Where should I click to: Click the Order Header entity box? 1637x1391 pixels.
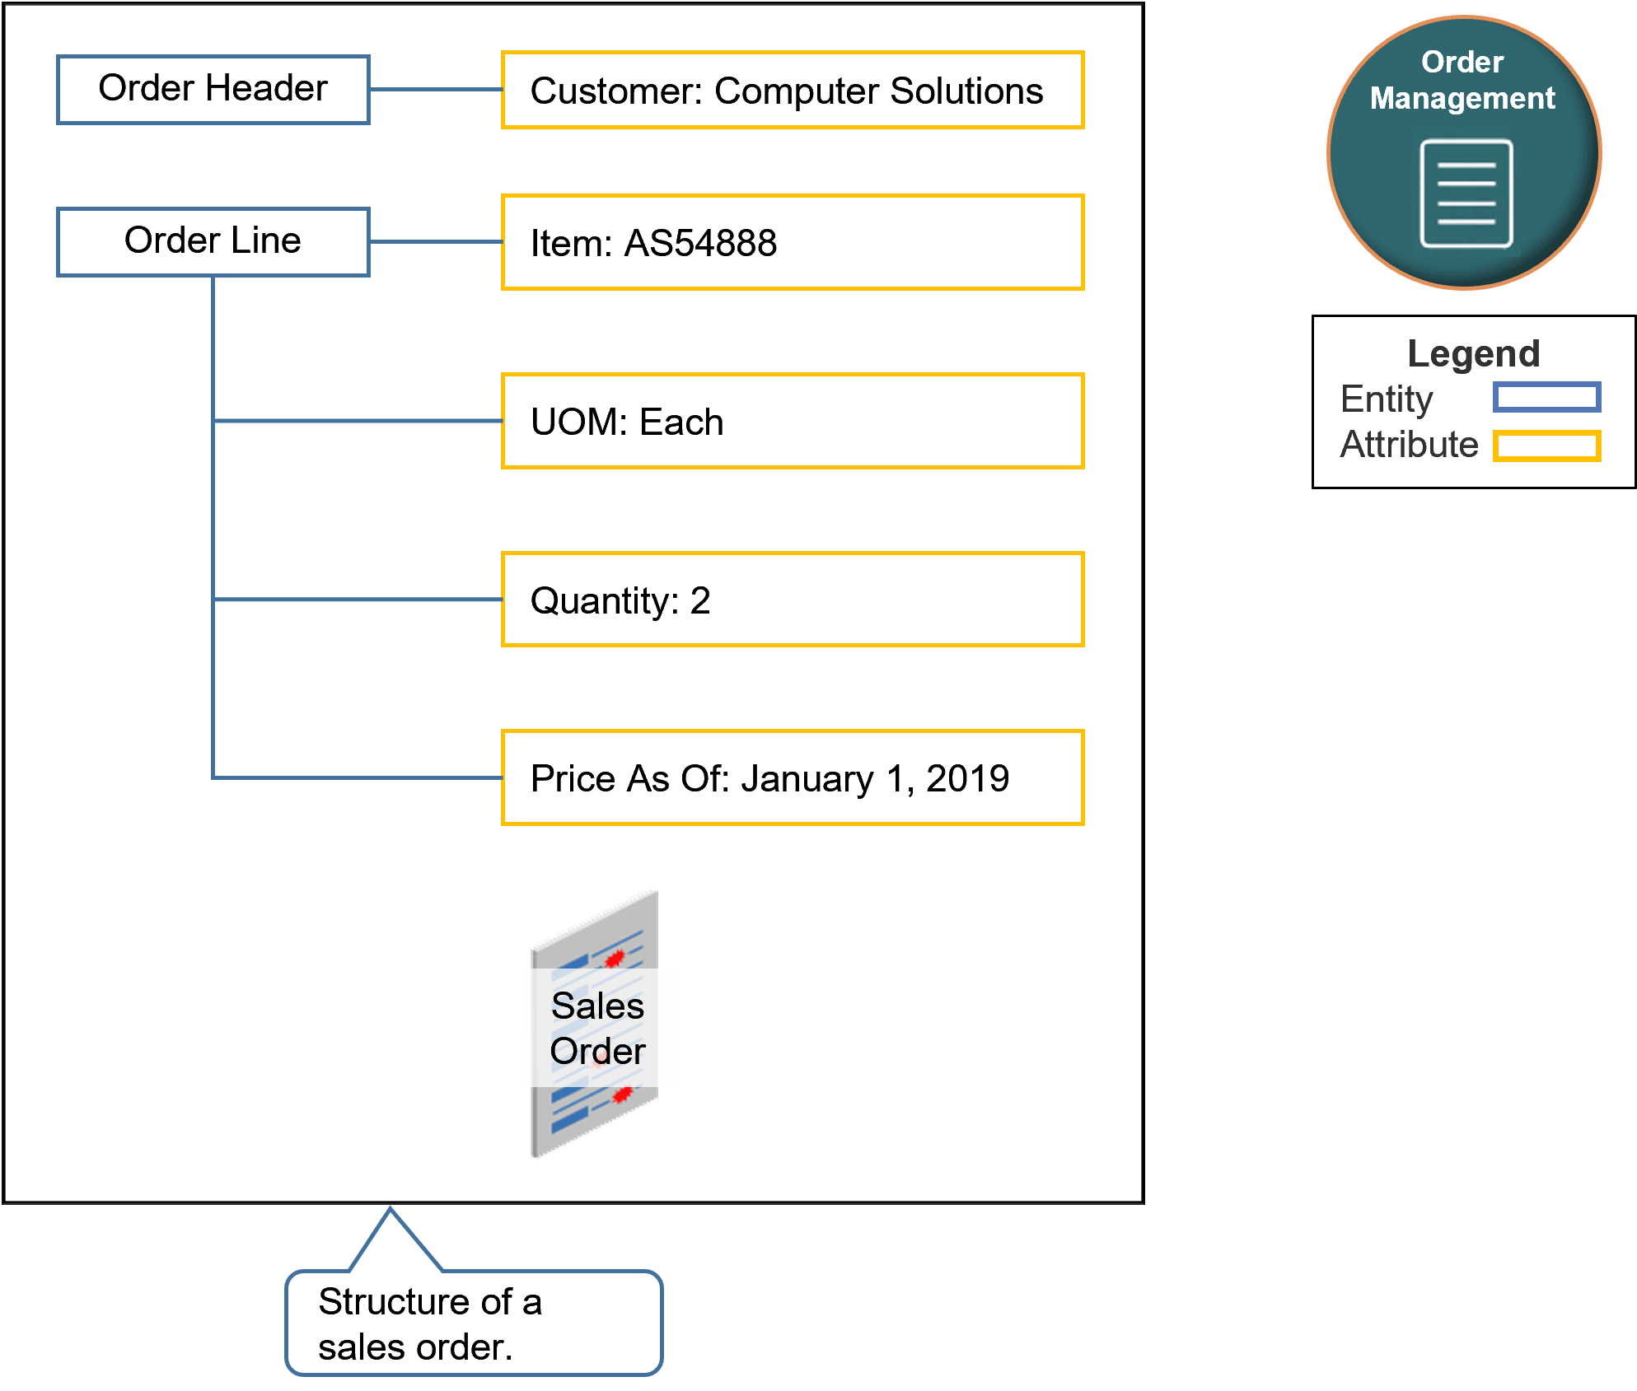click(x=213, y=89)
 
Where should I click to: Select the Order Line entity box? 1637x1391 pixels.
click(x=213, y=241)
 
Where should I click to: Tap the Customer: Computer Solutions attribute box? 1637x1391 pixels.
click(x=792, y=91)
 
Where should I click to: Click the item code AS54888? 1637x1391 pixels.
click(x=700, y=244)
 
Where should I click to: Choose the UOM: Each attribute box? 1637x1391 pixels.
click(x=792, y=422)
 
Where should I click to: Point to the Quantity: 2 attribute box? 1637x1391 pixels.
click(x=792, y=600)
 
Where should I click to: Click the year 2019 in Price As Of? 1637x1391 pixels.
click(x=967, y=779)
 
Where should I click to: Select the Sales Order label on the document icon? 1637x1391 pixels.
click(x=597, y=1028)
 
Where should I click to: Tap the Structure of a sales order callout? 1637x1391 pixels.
click(x=474, y=1323)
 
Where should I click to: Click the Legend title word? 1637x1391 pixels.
click(x=1473, y=354)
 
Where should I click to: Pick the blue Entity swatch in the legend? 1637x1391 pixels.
click(x=1546, y=398)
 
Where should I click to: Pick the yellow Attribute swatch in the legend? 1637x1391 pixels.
click(x=1546, y=446)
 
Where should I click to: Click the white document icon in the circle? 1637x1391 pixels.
click(x=1466, y=194)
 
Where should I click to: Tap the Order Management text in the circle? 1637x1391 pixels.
click(x=1462, y=81)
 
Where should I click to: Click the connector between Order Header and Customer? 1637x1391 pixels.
click(x=435, y=90)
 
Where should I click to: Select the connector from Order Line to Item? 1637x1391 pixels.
click(x=435, y=242)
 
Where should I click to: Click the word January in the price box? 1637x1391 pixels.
click(x=807, y=779)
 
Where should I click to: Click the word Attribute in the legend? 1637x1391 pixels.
click(x=1409, y=445)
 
